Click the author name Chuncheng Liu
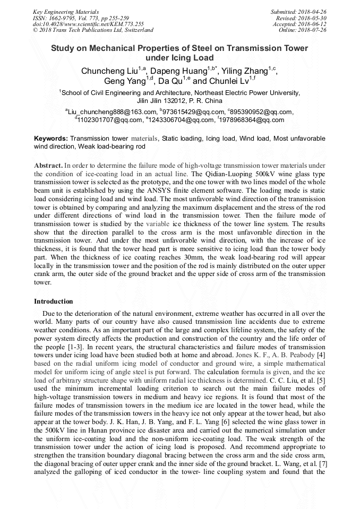[109, 71]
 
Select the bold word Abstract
[49, 166]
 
